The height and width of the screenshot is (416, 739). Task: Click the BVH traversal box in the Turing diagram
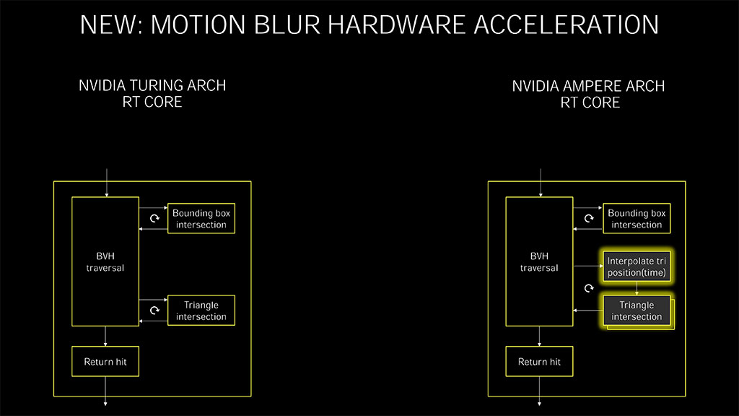(x=105, y=261)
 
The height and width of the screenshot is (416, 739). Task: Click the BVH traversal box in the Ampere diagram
(x=539, y=261)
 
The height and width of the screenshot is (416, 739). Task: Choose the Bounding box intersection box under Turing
(x=201, y=219)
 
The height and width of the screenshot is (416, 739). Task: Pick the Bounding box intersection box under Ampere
(x=637, y=219)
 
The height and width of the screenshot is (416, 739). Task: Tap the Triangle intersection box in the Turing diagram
(x=201, y=311)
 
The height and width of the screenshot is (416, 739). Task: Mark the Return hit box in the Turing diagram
(x=105, y=362)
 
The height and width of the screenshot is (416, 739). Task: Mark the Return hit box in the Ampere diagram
(x=539, y=362)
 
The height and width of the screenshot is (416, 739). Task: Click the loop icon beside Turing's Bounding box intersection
(x=154, y=219)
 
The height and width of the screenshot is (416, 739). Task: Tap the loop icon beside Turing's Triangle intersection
(x=154, y=311)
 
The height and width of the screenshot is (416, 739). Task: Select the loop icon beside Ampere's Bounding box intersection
(x=589, y=219)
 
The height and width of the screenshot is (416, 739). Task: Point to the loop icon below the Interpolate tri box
(x=589, y=289)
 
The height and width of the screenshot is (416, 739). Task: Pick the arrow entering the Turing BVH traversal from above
(x=106, y=182)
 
